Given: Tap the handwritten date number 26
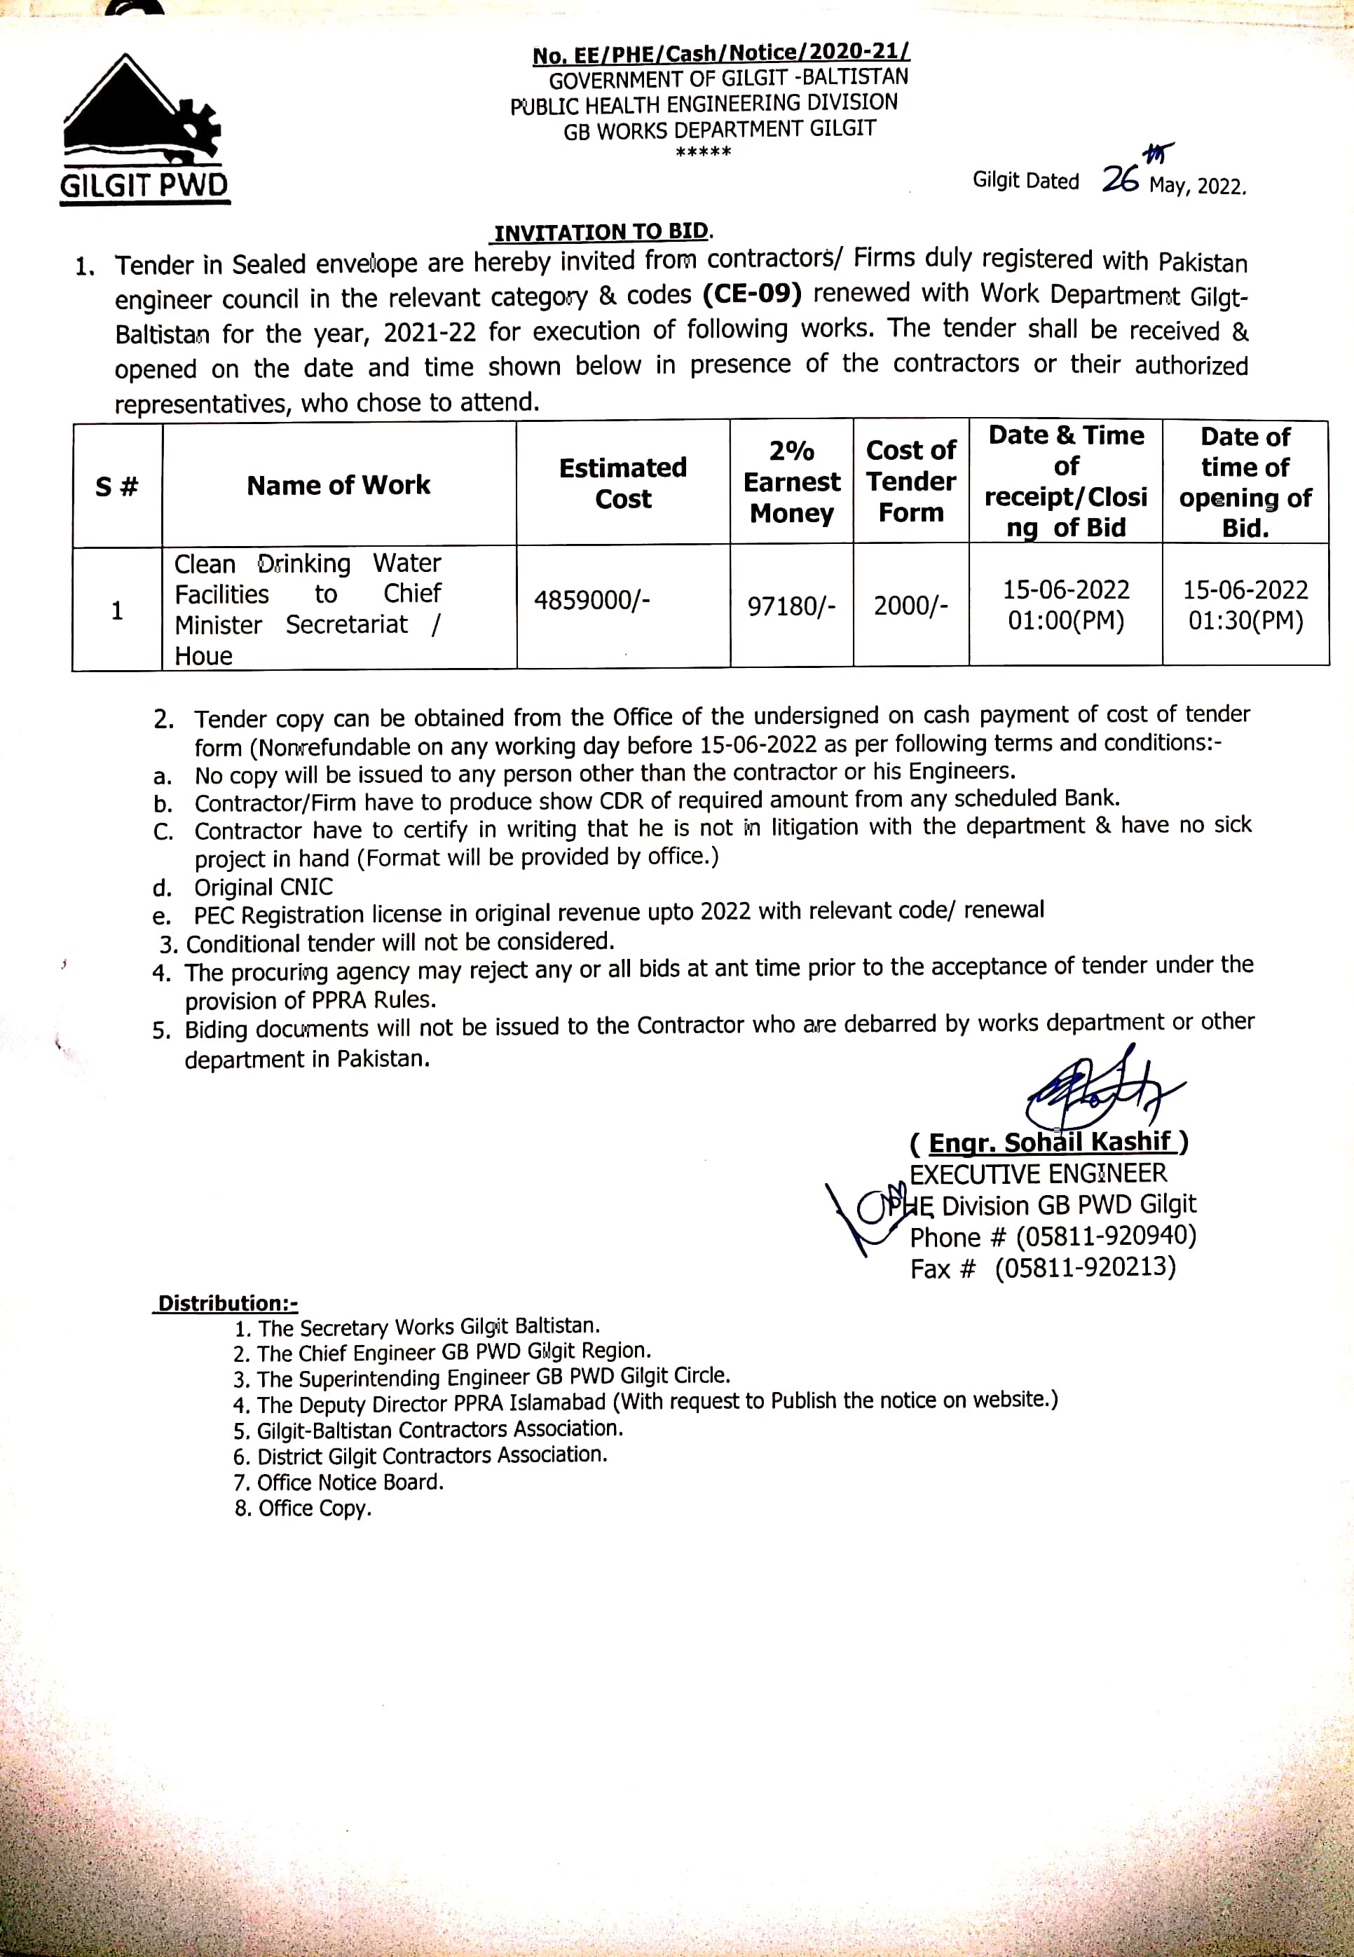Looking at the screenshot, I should [1120, 179].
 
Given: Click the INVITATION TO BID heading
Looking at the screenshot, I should [601, 233].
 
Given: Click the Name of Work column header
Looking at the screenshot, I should [338, 485].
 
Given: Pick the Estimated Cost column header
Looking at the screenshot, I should [623, 483].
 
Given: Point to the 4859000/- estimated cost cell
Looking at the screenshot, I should [591, 601].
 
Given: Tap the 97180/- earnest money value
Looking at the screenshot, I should [791, 606].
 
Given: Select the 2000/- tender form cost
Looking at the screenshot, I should [910, 606].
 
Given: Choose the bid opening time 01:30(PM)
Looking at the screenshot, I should [1245, 621].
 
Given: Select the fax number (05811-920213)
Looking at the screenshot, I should [1085, 1267].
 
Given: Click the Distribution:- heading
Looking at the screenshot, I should [227, 1303].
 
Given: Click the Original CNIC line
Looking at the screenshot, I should [263, 887].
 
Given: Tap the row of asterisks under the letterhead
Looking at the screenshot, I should [704, 154].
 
